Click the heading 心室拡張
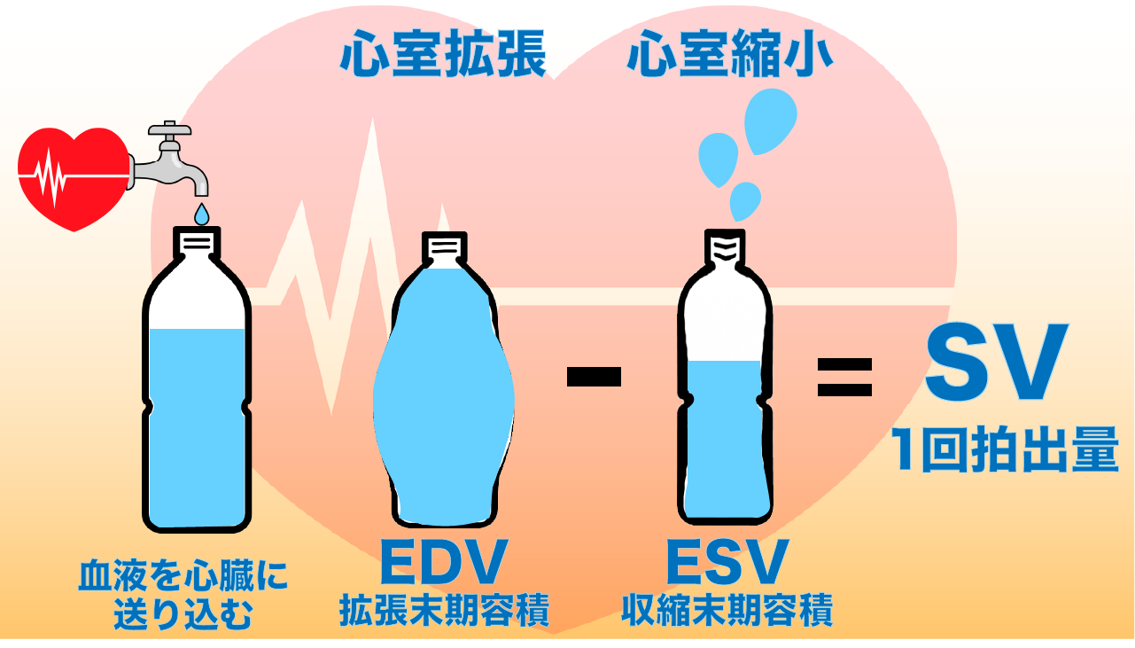coord(443,55)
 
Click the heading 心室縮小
coord(728,55)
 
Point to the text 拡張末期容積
coord(444,611)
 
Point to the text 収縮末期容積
coord(727,611)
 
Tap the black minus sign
coord(594,377)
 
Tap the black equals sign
coord(843,377)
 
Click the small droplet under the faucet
coord(202,214)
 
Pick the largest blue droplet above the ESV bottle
coord(770,121)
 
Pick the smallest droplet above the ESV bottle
coord(744,200)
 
